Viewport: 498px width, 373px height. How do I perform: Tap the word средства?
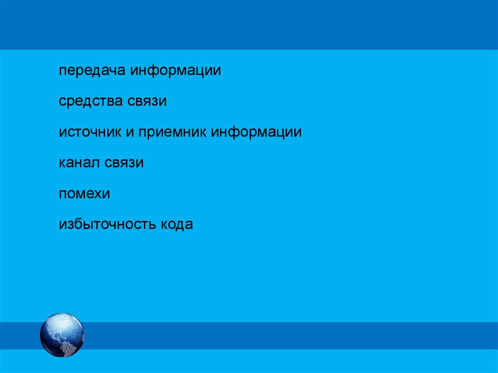point(91,101)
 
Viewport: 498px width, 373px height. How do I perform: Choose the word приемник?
point(172,132)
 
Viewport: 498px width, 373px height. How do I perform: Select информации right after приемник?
point(256,132)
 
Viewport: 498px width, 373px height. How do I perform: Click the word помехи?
point(85,194)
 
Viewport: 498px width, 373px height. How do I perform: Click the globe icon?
point(62,335)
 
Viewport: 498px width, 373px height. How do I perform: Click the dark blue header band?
point(249,24)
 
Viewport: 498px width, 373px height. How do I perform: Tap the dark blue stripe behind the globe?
point(292,336)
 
